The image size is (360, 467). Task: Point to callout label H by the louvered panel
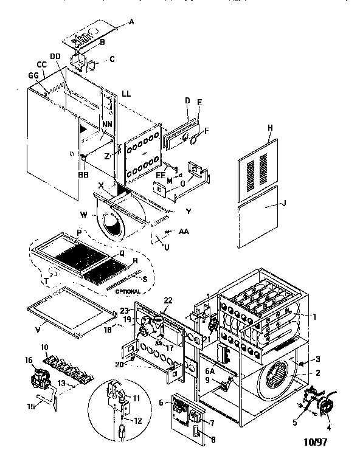[x=268, y=127]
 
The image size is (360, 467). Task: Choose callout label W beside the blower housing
[x=84, y=215]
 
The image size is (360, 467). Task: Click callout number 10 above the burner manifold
[x=44, y=347]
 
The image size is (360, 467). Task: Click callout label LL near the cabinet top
[x=126, y=94]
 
